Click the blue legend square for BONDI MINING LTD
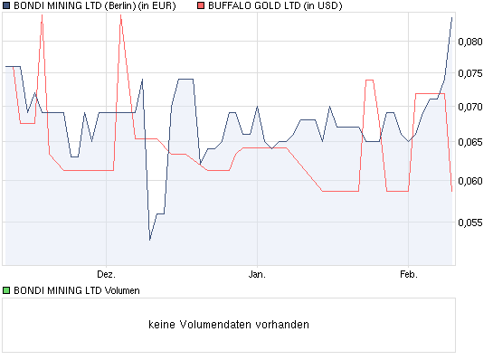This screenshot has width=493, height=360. pos(5,6)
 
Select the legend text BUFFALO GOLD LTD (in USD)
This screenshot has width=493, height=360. pos(270,6)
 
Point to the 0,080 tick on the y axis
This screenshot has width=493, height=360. pos(470,41)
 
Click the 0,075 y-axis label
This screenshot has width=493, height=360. pos(470,74)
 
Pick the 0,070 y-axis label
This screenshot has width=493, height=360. pos(470,107)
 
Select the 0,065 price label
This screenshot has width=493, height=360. pos(470,142)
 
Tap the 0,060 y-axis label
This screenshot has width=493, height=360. pos(470,180)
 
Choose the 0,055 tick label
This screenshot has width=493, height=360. pos(470,222)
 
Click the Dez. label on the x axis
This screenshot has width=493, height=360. pos(106,273)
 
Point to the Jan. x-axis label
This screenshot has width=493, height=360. pos(257,273)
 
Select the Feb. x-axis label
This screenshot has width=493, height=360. pos(408,273)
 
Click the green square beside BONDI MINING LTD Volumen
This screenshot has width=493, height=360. pos(5,291)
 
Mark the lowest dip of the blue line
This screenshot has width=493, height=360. pos(150,239)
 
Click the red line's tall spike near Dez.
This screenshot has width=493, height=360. pos(120,15)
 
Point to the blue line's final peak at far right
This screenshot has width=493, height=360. pos(451,17)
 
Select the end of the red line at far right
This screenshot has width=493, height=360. pos(451,191)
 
